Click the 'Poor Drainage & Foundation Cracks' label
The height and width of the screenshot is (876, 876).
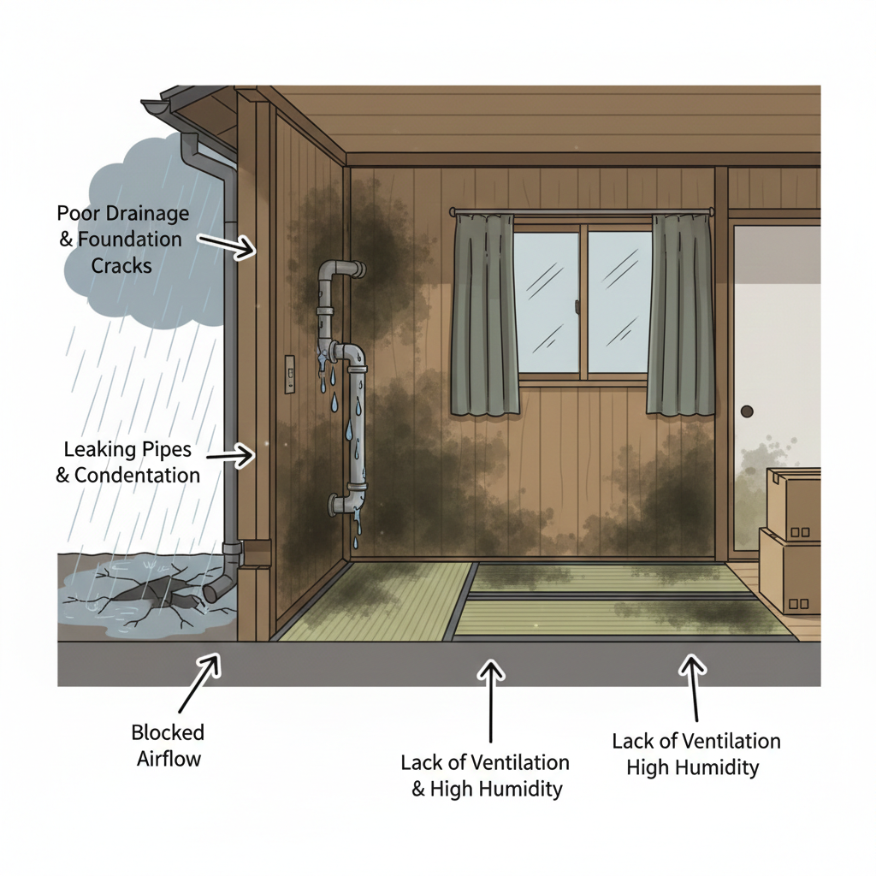pyautogui.click(x=123, y=240)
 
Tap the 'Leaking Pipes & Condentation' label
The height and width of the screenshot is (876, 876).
pyautogui.click(x=128, y=462)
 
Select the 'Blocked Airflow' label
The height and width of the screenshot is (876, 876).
pyautogui.click(x=169, y=745)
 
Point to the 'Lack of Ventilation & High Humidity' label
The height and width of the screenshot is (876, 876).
pyautogui.click(x=485, y=775)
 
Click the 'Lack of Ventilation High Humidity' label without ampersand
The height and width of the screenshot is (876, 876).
pyautogui.click(x=696, y=755)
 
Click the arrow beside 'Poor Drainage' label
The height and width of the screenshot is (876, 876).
pyautogui.click(x=226, y=246)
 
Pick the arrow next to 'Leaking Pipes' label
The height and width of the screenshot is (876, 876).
pyautogui.click(x=229, y=455)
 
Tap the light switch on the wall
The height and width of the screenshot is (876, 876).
pyautogui.click(x=289, y=375)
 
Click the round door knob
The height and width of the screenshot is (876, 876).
pyautogui.click(x=747, y=411)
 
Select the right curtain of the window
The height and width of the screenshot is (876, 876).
pyautogui.click(x=680, y=315)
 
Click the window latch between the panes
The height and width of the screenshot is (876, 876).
pyautogui.click(x=577, y=306)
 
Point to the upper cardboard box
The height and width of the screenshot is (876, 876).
pyautogui.click(x=793, y=504)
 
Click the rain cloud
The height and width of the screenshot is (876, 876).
pyautogui.click(x=148, y=234)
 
